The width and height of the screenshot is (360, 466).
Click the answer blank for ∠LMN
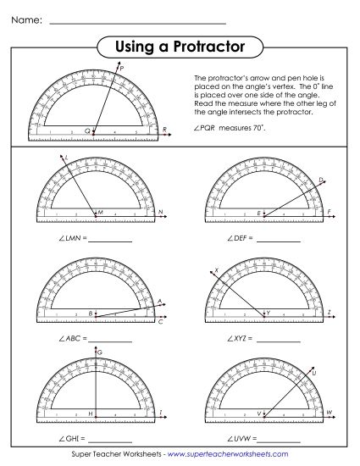(x=110, y=240)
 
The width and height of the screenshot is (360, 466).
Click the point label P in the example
(x=122, y=67)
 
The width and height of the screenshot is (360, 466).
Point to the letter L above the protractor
(x=65, y=157)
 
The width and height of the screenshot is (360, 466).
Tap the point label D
(x=321, y=179)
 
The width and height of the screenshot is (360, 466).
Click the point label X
(x=216, y=270)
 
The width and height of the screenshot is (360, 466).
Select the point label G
(x=99, y=351)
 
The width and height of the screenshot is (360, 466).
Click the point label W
(x=330, y=412)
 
